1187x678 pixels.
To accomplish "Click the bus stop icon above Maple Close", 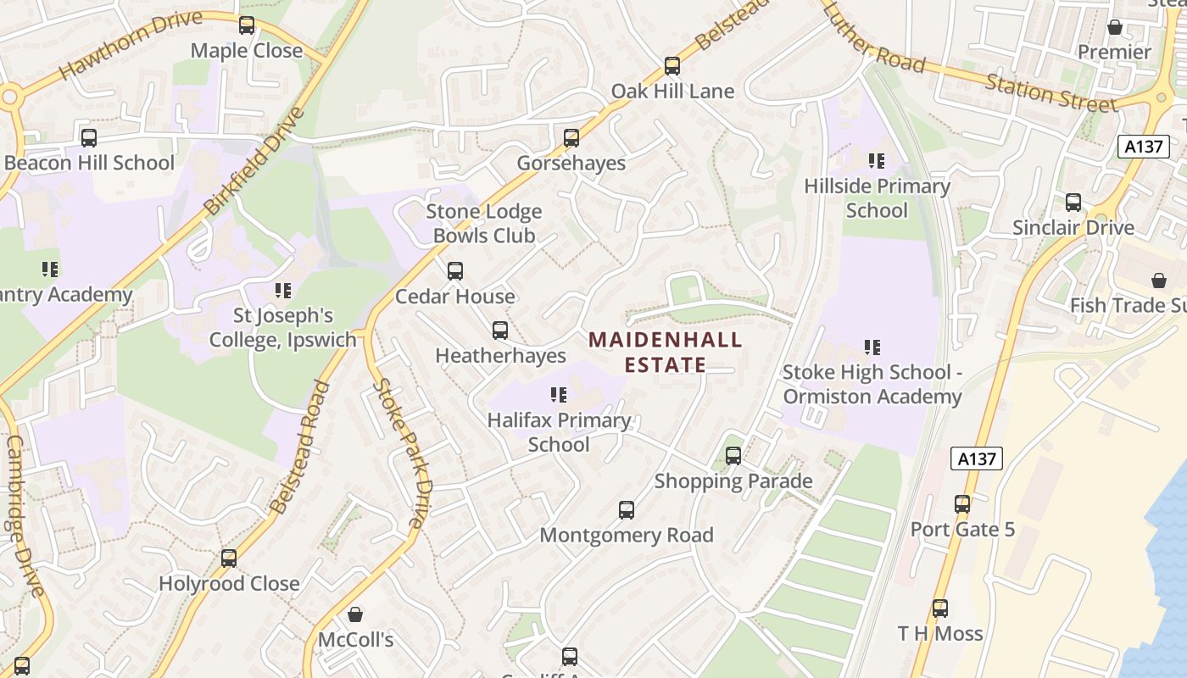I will pos(247,25).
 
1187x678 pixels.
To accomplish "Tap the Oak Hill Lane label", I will pos(672,91).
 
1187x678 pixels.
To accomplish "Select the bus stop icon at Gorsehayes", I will pos(571,137).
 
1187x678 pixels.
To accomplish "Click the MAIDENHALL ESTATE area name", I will pos(666,353).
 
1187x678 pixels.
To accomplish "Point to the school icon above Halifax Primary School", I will pos(558,395).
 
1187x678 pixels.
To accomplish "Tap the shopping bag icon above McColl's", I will pos(355,614).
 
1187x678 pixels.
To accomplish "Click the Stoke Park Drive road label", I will pos(404,453).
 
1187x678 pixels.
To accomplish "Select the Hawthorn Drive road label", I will pos(131,45).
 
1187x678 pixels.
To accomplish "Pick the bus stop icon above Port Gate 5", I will pos(961,504).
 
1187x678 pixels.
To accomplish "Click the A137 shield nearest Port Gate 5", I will pos(977,458).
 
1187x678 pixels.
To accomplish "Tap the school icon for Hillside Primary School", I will pos(876,160).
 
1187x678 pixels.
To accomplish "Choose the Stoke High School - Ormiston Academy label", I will pos(872,384).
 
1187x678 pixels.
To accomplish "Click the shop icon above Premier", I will pos(1114,27).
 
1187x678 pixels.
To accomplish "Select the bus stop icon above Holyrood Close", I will pos(229,559).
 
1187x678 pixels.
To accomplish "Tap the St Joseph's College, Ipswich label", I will pos(283,328).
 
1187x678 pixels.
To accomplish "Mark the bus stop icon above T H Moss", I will pos(939,608).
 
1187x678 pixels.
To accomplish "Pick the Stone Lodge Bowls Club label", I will pos(484,224).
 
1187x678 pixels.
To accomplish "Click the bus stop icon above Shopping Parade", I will pos(733,456).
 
